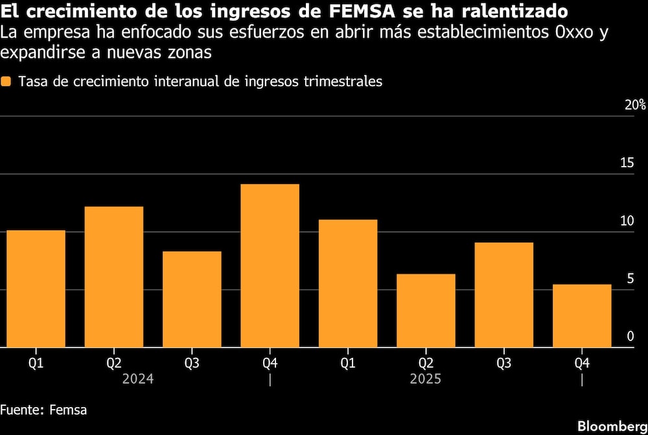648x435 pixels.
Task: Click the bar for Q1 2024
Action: click(36, 289)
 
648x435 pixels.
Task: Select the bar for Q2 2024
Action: click(114, 277)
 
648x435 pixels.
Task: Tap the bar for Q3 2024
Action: click(192, 300)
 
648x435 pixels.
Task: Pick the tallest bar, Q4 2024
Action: click(270, 266)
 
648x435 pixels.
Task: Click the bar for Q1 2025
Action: click(348, 283)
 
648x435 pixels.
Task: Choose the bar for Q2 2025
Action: click(426, 311)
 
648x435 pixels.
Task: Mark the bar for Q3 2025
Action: click(503, 295)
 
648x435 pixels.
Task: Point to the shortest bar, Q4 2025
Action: click(582, 316)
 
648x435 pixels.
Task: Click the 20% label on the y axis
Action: click(634, 105)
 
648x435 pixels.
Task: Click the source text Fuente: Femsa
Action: click(43, 410)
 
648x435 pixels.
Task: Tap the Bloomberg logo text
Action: click(612, 426)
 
